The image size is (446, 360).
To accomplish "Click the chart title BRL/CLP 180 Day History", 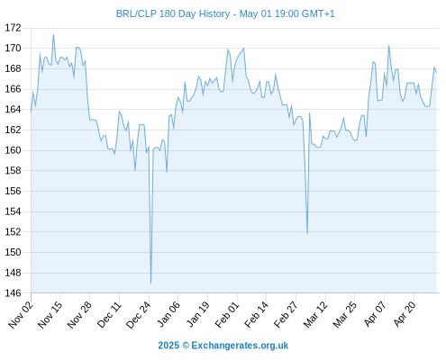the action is (x=173, y=13).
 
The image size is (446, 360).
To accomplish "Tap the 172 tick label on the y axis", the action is (x=13, y=28).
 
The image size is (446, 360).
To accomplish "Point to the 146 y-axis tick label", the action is (x=13, y=292).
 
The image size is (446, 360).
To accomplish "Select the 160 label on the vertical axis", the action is (x=13, y=150).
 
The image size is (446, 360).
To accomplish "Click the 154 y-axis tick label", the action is (x=13, y=211).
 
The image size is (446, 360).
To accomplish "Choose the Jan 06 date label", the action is (x=168, y=314).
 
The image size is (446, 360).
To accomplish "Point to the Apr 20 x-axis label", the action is (x=405, y=314).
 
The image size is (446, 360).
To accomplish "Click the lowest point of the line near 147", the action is (x=150, y=283).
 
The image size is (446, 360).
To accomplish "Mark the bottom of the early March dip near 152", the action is (x=307, y=233).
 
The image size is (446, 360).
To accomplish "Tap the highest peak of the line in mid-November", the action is (x=53, y=35).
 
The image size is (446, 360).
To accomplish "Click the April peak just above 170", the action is (x=388, y=46).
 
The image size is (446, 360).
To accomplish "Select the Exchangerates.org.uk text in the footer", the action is (x=240, y=346).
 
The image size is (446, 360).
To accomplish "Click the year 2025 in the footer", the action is (x=168, y=346).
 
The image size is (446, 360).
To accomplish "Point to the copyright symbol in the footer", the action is (x=186, y=346).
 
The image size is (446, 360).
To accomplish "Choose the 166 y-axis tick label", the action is (x=13, y=89).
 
